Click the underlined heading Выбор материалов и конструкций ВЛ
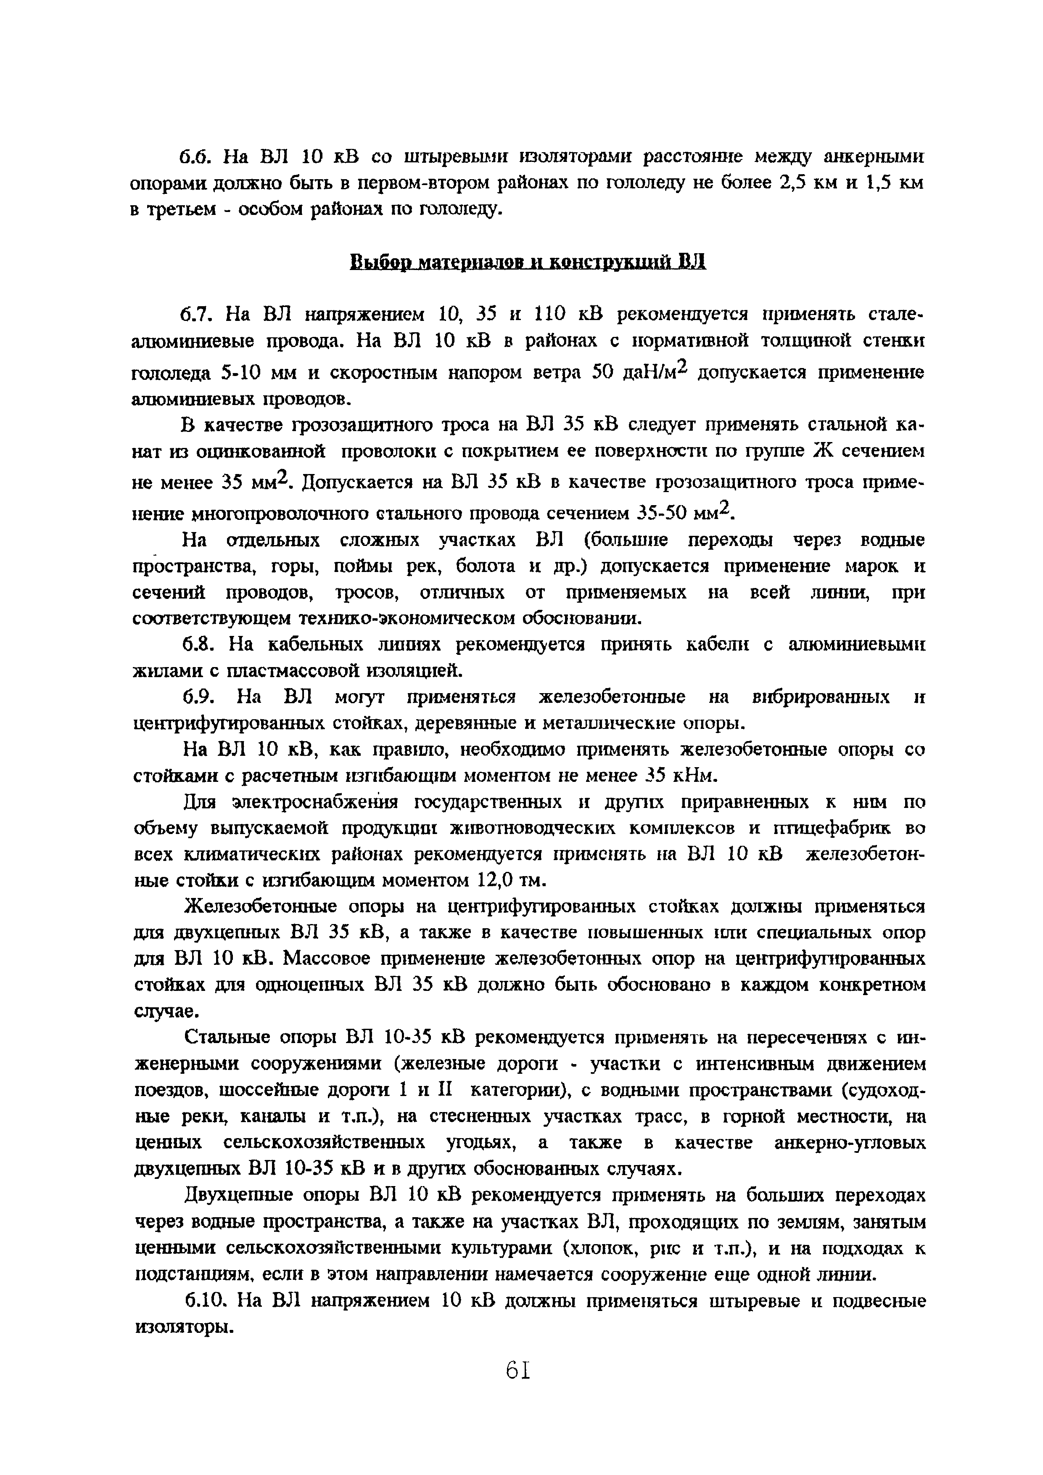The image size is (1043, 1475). coord(528,262)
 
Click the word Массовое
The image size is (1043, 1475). coord(326,959)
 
